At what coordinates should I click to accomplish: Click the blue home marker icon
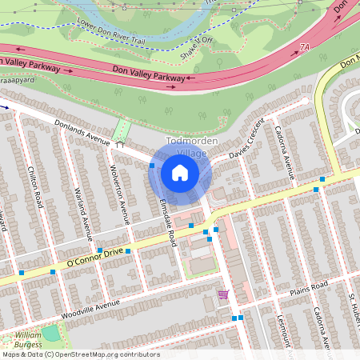click(x=180, y=172)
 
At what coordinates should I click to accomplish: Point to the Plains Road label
click(x=310, y=286)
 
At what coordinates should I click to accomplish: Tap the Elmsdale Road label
click(x=166, y=222)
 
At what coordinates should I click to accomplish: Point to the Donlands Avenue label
click(x=81, y=132)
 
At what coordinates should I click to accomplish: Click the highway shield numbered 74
click(x=304, y=48)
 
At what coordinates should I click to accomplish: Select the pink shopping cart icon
click(x=222, y=294)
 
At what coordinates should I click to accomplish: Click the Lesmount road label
click(x=282, y=328)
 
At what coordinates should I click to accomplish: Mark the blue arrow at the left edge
click(x=4, y=105)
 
